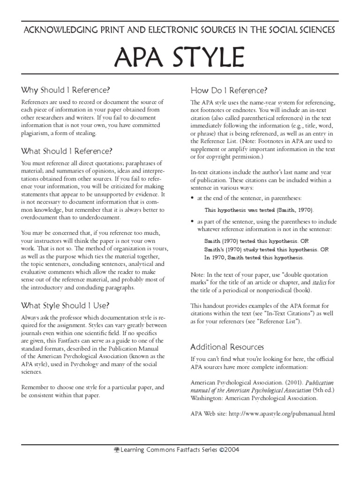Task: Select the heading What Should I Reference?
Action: point(67,151)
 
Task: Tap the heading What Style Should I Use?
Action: point(66,306)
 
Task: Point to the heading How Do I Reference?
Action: point(229,90)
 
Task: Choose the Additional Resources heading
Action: point(227,347)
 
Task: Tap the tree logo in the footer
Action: point(117,449)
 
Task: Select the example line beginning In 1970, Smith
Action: point(254,258)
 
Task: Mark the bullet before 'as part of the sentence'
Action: point(192,221)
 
